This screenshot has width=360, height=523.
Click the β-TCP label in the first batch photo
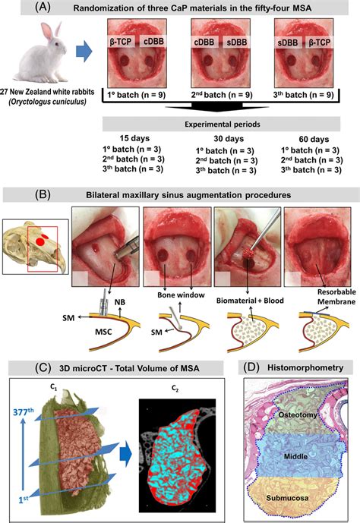tap(121, 42)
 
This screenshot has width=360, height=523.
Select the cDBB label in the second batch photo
tap(204, 43)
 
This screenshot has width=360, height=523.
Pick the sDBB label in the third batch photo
tap(288, 43)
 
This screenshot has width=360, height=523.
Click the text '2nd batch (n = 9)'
tap(222, 95)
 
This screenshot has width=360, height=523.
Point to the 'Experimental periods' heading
tap(223, 124)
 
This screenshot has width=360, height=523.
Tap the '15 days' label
tap(134, 138)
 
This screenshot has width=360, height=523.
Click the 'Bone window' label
tap(181, 295)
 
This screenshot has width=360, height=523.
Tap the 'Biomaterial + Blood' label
tap(250, 301)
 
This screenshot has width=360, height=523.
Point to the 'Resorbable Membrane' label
tap(336, 297)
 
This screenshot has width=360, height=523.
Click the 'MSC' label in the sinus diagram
tap(103, 332)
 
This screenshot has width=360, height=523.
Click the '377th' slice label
tap(23, 411)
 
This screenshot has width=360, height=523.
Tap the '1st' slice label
tap(24, 499)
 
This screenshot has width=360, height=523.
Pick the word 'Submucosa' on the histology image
tap(287, 498)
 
